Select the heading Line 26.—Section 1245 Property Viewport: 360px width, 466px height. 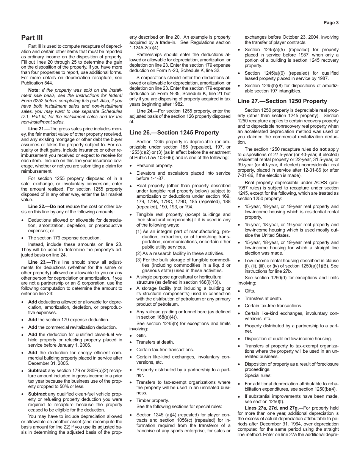(x=174, y=133)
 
